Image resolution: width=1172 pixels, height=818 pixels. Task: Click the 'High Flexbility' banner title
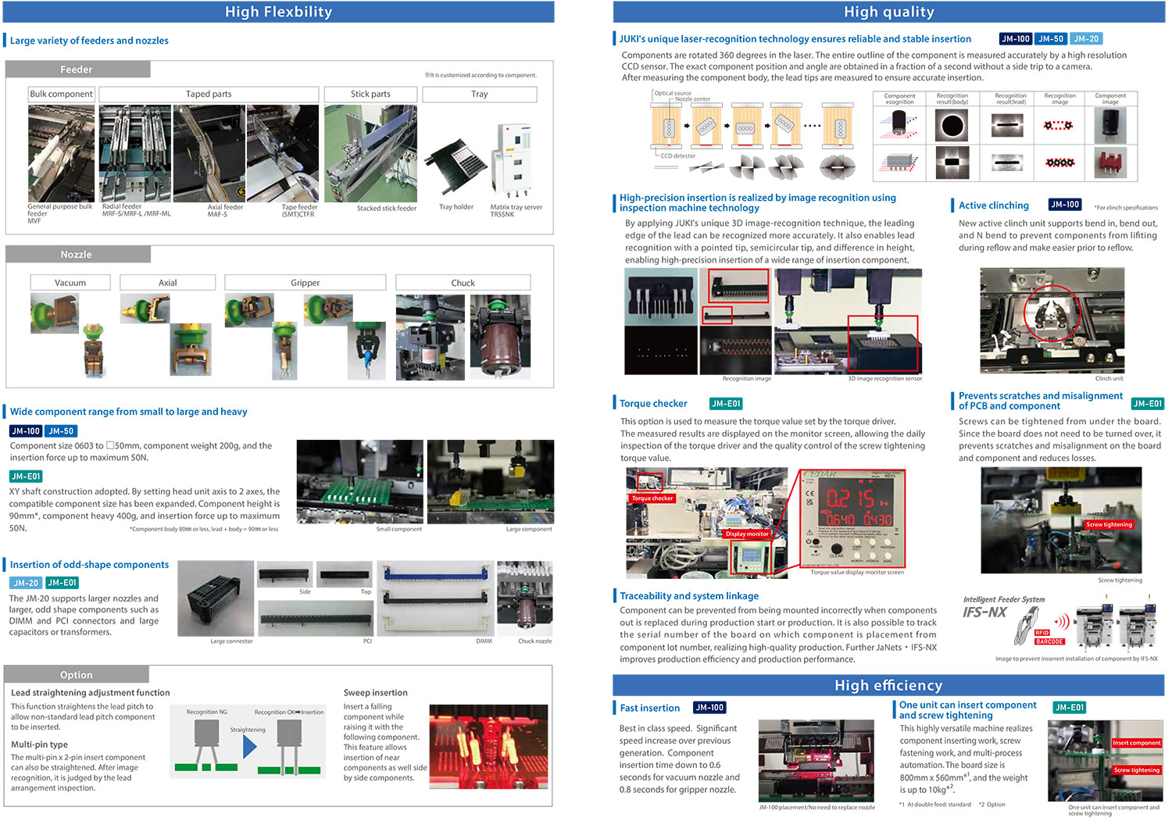pyautogui.click(x=278, y=12)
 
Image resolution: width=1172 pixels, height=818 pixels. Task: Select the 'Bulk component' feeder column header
pyautogui.click(x=61, y=94)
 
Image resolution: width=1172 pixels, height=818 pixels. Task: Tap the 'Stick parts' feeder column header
pyautogui.click(x=370, y=94)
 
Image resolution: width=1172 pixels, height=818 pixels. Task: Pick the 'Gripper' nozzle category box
pyautogui.click(x=305, y=283)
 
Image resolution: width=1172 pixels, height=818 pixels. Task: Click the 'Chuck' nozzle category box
pyautogui.click(x=463, y=283)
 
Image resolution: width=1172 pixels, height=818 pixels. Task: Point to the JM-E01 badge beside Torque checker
pyautogui.click(x=726, y=404)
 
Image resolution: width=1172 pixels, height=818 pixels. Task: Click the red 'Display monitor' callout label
pyautogui.click(x=747, y=534)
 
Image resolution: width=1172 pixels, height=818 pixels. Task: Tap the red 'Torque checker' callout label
pyautogui.click(x=652, y=498)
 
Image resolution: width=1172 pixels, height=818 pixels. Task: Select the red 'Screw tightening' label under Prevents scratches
pyautogui.click(x=1109, y=524)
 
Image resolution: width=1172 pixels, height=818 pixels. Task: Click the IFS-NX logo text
pyautogui.click(x=984, y=613)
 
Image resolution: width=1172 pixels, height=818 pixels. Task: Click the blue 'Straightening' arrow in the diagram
pyautogui.click(x=249, y=748)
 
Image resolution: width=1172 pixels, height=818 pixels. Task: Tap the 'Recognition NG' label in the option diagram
pyautogui.click(x=207, y=712)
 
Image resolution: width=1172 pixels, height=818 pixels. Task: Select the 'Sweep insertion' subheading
pyautogui.click(x=375, y=693)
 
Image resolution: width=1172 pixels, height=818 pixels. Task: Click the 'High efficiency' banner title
pyautogui.click(x=888, y=686)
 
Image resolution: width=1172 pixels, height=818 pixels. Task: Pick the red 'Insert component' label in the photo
pyautogui.click(x=1136, y=743)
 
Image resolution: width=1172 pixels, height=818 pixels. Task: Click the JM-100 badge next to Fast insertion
pyautogui.click(x=709, y=708)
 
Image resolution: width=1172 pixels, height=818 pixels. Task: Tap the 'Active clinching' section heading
pyautogui.click(x=993, y=205)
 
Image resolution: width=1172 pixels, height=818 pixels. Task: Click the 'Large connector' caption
pyautogui.click(x=231, y=641)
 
